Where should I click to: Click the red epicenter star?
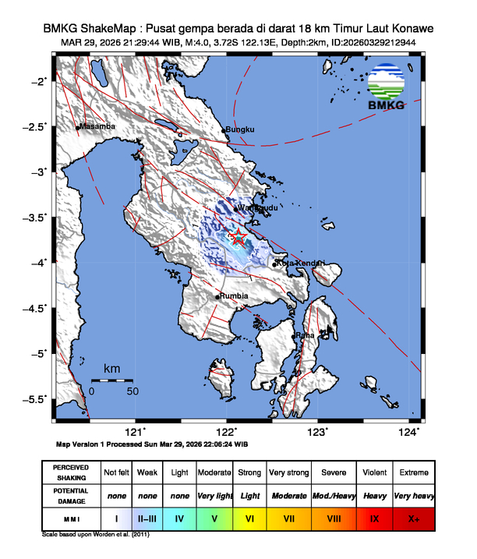tap(238, 237)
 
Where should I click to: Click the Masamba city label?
tap(97, 126)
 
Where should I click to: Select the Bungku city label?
tap(240, 130)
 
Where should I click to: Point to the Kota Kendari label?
tap(300, 264)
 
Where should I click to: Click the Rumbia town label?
tap(234, 296)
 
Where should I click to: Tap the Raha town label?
tap(306, 335)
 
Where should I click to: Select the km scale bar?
tap(111, 380)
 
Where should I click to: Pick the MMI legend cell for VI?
tap(250, 517)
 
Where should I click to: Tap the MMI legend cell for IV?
tap(180, 517)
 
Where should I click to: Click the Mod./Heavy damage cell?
tap(332, 495)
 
